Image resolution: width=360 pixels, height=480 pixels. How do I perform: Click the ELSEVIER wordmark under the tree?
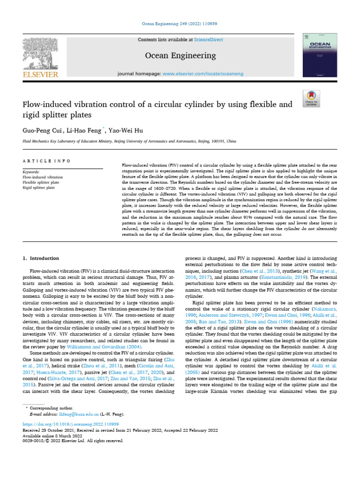(40, 75)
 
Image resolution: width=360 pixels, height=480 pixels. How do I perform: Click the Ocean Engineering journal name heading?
(180, 56)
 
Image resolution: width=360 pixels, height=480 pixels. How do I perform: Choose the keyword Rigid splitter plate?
(39, 187)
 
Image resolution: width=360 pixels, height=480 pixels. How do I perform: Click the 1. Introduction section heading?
(41, 258)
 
